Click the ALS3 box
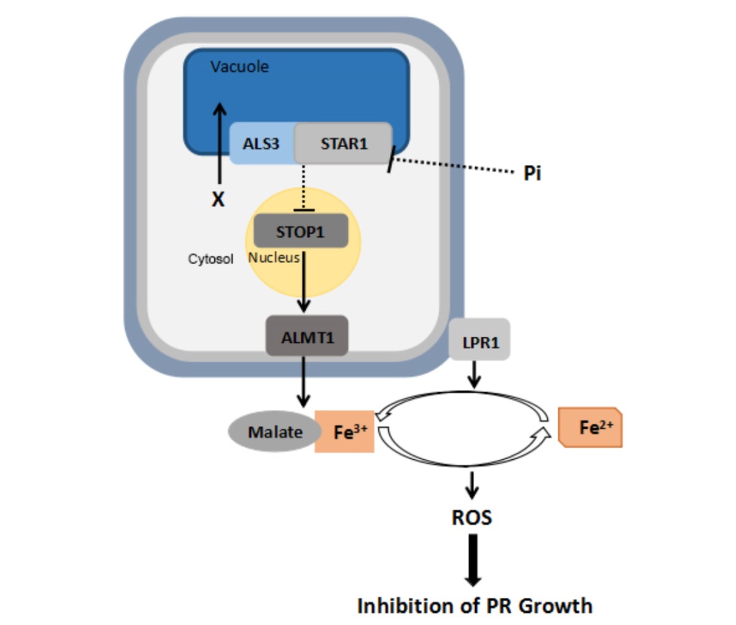coord(261,144)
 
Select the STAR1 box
coord(343,143)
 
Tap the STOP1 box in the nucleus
coord(300,232)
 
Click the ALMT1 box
coord(307,337)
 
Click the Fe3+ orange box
coord(345,432)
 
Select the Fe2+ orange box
coord(591,428)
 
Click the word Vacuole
coord(240,67)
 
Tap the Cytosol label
coord(210,260)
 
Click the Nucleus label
coord(274,258)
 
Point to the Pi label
coord(532,174)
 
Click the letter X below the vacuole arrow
coord(218,199)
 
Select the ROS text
coord(472,518)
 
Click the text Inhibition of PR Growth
coord(474,606)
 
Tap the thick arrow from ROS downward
coord(472,559)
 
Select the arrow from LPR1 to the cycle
coord(474,374)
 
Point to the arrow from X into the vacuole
coord(219,143)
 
